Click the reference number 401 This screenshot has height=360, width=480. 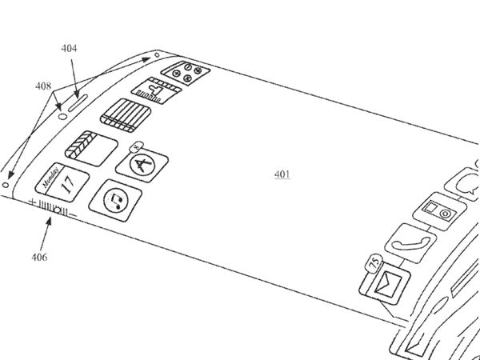coord(282,174)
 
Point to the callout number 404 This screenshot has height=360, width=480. coord(70,49)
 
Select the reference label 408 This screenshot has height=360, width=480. coord(43,86)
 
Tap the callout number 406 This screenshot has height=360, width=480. coord(39,257)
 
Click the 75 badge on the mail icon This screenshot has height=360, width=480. coord(374,262)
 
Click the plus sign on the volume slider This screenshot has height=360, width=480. coord(33,202)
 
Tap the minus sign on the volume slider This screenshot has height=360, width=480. coord(72,214)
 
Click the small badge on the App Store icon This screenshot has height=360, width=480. coord(137,146)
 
